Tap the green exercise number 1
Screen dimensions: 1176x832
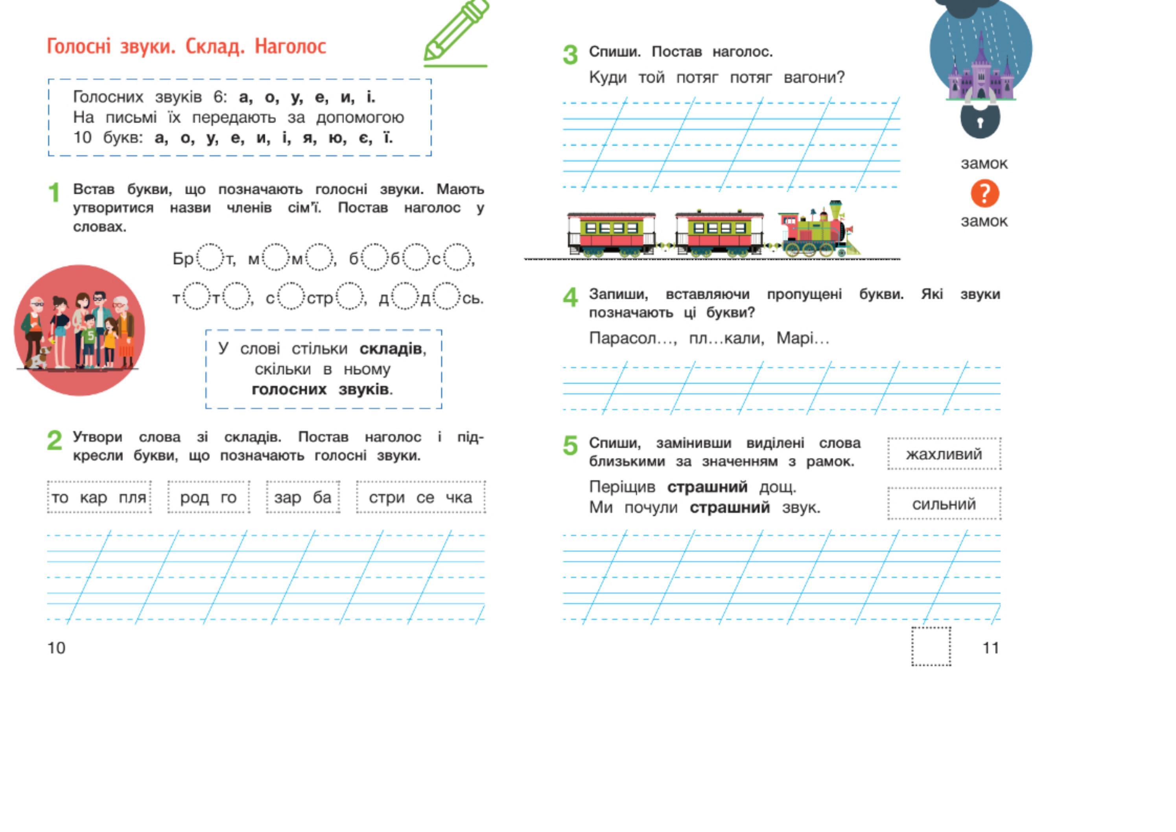click(x=54, y=193)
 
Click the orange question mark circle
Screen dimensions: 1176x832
click(x=984, y=193)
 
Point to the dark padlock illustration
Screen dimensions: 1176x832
click(x=980, y=120)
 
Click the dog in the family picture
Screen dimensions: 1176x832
click(x=39, y=357)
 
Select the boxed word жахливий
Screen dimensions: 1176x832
click(x=944, y=454)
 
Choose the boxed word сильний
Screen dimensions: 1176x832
click(x=944, y=504)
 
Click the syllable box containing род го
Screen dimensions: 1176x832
click(x=208, y=497)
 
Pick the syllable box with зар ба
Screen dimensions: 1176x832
click(x=303, y=497)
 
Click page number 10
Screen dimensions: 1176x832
click(x=56, y=648)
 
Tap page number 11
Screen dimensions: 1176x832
click(x=991, y=648)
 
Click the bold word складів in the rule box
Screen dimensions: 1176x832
click(x=391, y=349)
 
